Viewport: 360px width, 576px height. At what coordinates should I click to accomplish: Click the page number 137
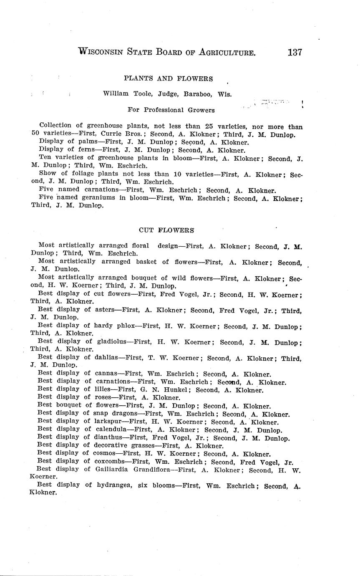294,53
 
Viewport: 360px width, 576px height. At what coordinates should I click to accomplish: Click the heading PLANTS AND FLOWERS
168,78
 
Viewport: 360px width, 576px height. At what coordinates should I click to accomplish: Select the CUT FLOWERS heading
166,230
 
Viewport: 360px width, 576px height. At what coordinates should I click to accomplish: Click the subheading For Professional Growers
171,110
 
